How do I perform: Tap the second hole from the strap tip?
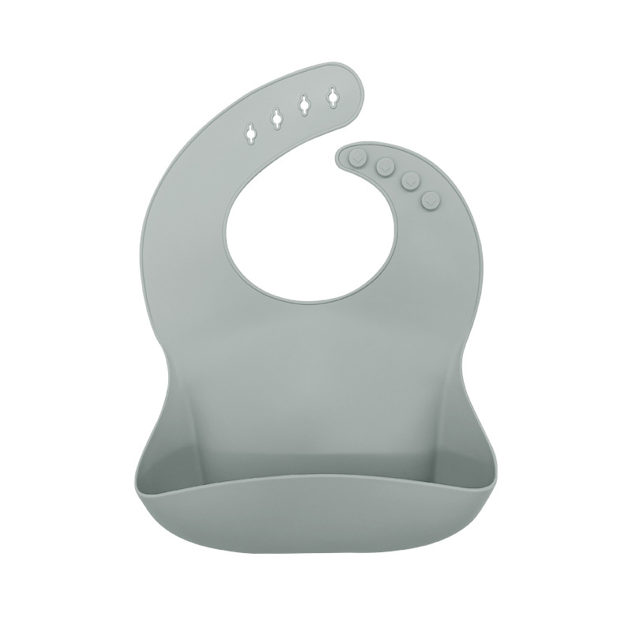pos(304,105)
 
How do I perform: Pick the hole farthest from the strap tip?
pos(251,133)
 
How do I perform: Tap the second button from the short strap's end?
pos(386,166)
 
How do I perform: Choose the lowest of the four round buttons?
pos(431,201)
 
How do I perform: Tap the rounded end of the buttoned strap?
pos(341,154)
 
